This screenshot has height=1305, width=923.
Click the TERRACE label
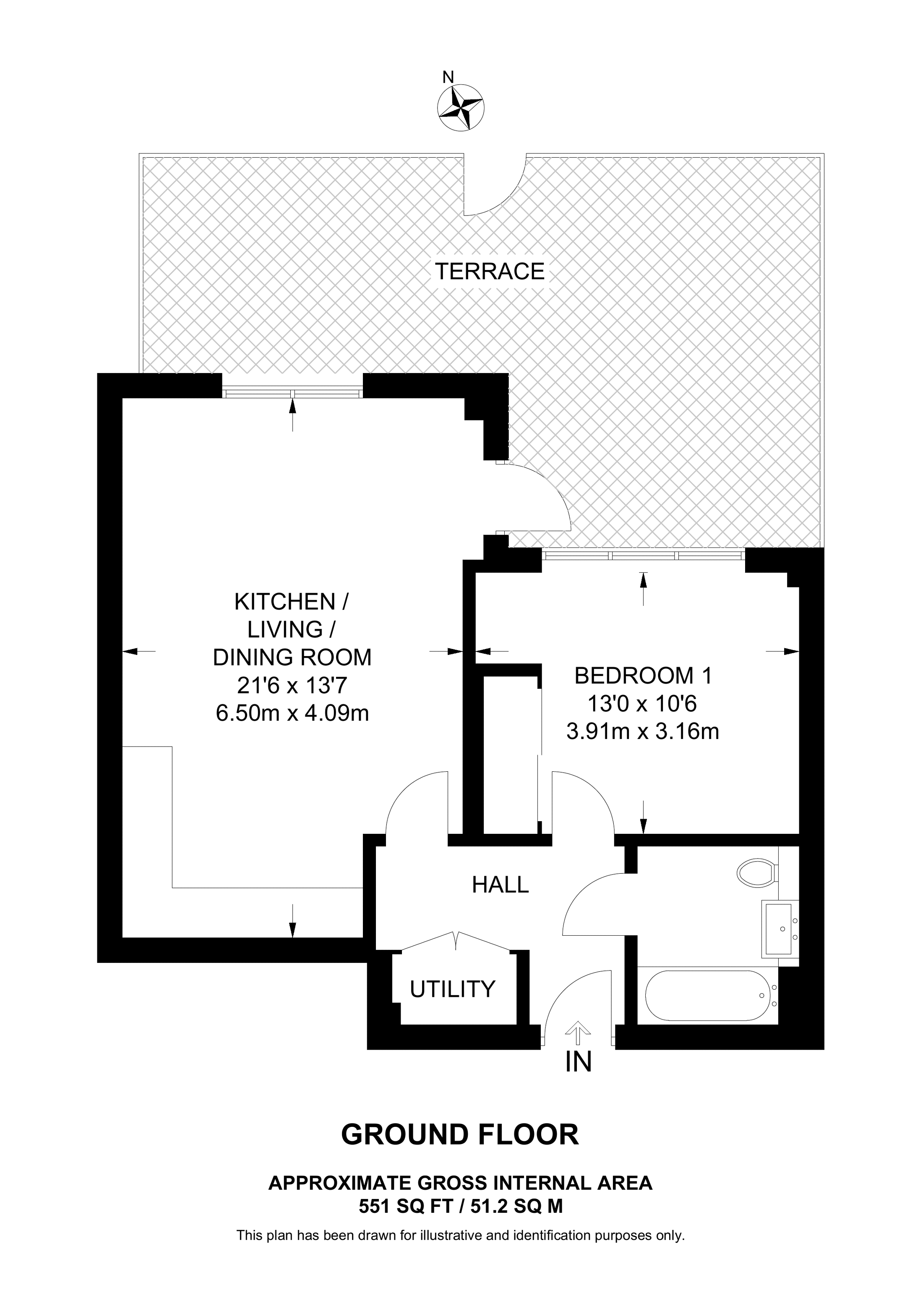[x=490, y=272]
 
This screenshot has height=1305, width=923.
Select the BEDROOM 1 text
[x=643, y=676]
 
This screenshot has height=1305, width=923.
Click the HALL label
[x=501, y=885]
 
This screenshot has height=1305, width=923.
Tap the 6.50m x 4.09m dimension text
[x=292, y=713]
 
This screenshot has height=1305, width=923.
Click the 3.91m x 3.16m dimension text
[x=643, y=732]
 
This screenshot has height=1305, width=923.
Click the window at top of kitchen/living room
[x=292, y=393]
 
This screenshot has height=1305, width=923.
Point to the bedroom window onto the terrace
[x=643, y=555]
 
